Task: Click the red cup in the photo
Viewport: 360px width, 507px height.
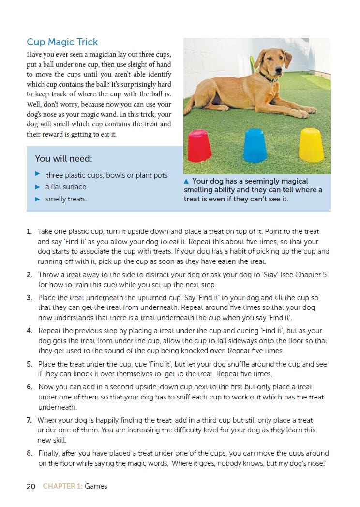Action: pos(199,146)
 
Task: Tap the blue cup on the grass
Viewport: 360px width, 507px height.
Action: pos(255,146)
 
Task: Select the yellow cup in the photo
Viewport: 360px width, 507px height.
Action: pos(311,145)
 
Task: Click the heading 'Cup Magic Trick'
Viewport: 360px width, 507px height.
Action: pos(62,42)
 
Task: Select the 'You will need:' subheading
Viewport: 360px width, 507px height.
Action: pos(63,158)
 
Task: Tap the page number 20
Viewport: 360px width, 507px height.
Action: pos(31,486)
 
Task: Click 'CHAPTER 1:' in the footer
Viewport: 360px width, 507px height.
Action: pos(62,486)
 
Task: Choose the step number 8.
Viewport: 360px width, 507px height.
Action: pos(30,453)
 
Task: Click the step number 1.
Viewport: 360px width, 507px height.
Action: pos(30,231)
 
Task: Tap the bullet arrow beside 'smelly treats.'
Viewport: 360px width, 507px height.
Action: pos(37,199)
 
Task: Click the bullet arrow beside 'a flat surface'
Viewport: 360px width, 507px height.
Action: pos(37,186)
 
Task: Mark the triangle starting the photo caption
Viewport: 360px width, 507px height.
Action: pos(187,181)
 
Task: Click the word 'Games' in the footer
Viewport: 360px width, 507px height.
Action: pos(96,486)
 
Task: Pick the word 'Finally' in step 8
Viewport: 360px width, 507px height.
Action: pos(50,453)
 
